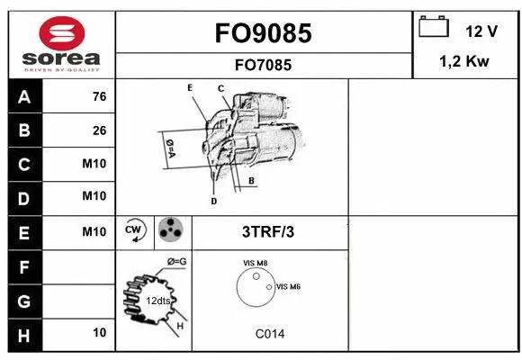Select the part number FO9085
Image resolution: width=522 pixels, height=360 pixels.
point(263,33)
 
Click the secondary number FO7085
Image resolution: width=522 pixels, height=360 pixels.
point(264,65)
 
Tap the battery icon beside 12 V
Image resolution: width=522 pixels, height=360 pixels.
point(434,27)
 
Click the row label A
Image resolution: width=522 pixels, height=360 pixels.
point(23,97)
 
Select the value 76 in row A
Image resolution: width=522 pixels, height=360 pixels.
point(99,97)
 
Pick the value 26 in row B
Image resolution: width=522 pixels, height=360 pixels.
point(99,130)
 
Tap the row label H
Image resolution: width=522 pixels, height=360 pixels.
point(23,334)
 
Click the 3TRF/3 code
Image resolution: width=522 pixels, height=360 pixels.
point(268,231)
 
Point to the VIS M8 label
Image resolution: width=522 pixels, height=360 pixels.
point(256,263)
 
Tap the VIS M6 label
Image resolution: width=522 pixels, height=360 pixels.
point(288,286)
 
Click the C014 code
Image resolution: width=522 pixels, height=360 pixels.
point(269,334)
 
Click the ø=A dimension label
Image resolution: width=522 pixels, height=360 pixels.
point(169,148)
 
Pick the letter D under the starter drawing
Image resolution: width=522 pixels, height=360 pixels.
point(213,201)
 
